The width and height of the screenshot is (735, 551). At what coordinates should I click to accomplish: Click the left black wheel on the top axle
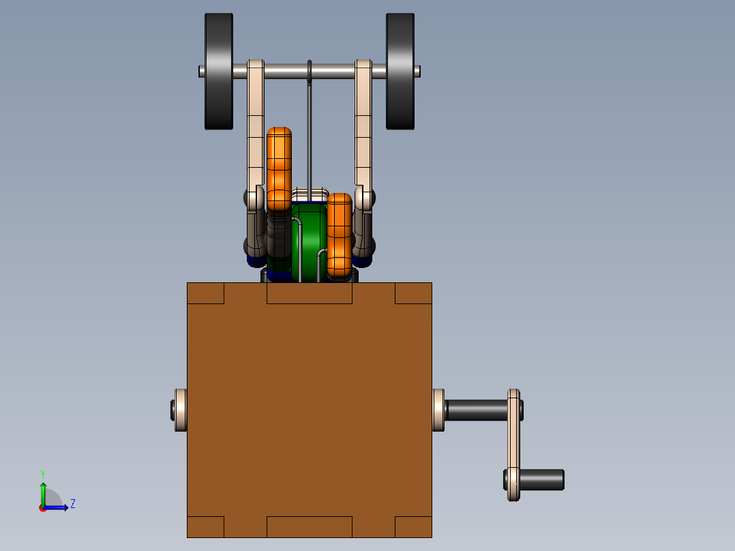pos(219,72)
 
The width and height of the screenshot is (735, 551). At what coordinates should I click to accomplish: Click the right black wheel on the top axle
pos(400,72)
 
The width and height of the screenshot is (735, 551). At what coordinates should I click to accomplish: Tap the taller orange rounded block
pos(280,169)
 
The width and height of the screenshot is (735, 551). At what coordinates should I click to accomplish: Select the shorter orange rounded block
pos(340,236)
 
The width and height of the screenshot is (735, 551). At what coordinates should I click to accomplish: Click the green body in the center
pos(310,241)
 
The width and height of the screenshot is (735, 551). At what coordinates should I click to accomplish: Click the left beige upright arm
pos(256,136)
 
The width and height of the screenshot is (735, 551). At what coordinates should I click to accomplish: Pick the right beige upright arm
pos(363,136)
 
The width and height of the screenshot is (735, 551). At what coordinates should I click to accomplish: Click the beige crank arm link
pos(514,445)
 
